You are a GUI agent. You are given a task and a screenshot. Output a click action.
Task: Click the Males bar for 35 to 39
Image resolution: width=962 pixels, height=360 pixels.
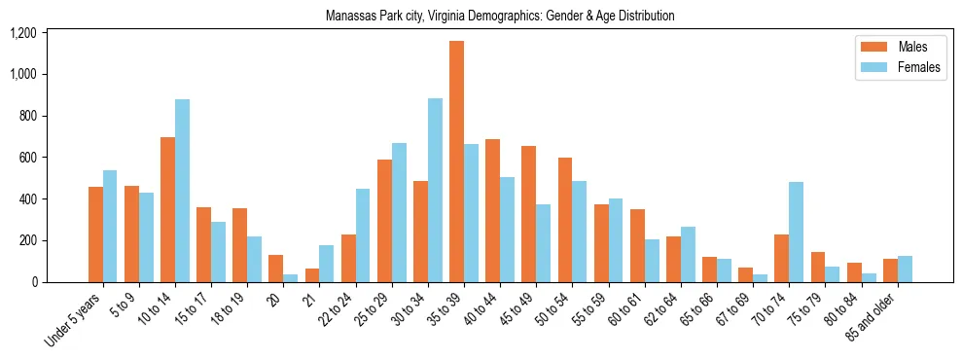click(456, 162)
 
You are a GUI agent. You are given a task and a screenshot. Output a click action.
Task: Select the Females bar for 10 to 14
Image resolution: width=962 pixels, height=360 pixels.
click(182, 191)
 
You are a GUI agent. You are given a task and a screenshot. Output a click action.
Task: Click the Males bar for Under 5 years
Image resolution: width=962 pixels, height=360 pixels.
click(95, 234)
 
